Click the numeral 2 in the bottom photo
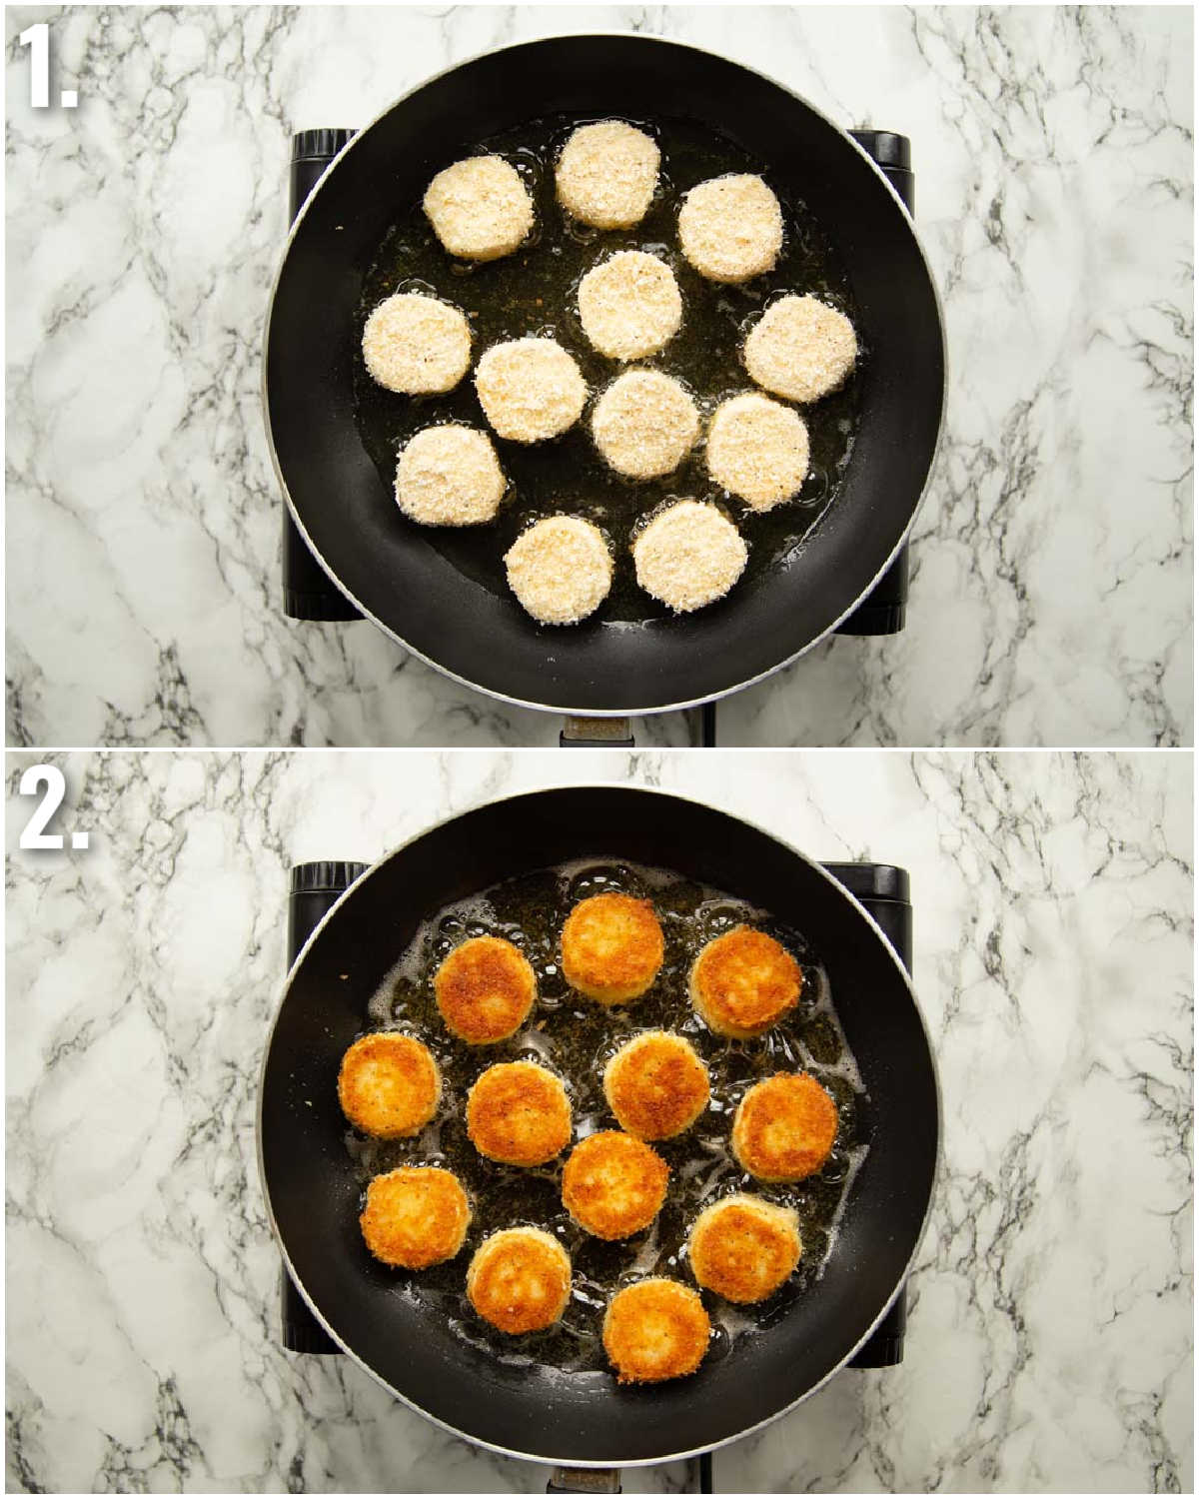54,810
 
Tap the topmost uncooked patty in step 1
608,176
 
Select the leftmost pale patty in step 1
417,344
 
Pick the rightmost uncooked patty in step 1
801,348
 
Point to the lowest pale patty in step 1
560,570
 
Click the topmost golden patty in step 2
611,948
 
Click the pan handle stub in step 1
598,732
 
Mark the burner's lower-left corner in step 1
287,618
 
